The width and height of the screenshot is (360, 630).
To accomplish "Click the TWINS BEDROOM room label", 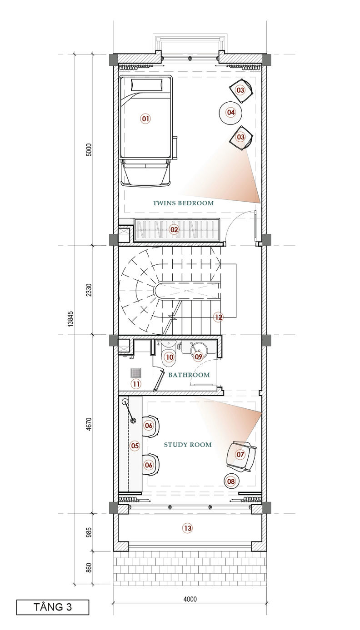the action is point(183,203).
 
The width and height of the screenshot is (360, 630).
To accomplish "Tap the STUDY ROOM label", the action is point(188,445).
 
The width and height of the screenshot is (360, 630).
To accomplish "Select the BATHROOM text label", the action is point(189,375).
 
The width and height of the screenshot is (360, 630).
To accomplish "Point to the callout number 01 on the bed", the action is point(145,119).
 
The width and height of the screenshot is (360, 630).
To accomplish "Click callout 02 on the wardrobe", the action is point(174,230).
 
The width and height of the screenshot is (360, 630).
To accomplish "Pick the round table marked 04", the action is point(231,113).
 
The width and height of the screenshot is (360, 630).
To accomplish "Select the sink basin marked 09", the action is point(199,352).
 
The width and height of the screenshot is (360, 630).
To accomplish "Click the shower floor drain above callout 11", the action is point(136,373).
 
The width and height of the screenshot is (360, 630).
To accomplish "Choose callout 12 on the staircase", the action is point(219,317).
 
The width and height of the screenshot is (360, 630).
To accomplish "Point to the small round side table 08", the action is point(231,481).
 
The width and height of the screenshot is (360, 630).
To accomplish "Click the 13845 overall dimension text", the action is point(70,319).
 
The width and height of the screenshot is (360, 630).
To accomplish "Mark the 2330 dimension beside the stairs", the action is point(89,290).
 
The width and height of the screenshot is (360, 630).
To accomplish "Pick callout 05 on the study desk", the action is point(135,446).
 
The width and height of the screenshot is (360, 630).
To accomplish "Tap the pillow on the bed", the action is point(147,84).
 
